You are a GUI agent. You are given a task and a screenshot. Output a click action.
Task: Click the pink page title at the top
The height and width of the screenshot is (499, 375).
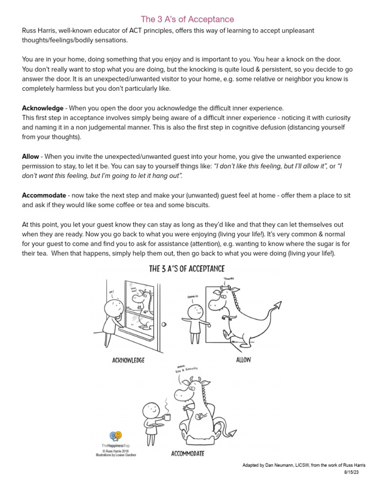pos(187,19)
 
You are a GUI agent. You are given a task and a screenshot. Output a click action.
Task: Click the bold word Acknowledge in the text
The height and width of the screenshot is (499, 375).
pos(42,108)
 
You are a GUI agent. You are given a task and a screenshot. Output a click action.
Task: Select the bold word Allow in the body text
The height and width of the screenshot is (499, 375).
pos(30,156)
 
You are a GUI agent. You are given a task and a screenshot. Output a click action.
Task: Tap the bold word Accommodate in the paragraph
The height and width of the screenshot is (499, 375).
pos(43,195)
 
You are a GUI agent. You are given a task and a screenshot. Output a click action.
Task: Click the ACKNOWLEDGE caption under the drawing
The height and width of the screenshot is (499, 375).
pos(128,361)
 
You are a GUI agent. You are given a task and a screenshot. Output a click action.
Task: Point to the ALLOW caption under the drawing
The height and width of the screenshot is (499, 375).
pos(243,360)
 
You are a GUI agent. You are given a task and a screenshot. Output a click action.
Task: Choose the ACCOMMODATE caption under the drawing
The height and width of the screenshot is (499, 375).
pos(187,454)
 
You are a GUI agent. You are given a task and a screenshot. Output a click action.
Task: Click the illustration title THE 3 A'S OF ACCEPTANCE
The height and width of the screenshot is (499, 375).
pos(187,269)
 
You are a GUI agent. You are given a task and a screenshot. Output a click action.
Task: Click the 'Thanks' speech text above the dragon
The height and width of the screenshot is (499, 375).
pos(229,279)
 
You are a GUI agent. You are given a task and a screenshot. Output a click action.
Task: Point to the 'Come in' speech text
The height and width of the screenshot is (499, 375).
pos(193,297)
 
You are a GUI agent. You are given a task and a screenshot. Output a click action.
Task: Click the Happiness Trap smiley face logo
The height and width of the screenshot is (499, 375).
pos(116,436)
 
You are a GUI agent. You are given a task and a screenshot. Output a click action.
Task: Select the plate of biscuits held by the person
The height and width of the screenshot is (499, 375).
pos(155,425)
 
